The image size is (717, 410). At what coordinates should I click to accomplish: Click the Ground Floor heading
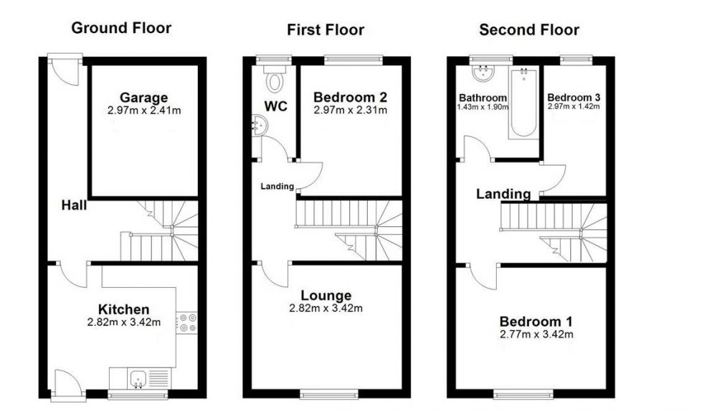pos(121,28)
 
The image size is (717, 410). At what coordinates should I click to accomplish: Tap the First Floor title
pos(326,29)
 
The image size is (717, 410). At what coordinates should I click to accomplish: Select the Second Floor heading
pos(529,29)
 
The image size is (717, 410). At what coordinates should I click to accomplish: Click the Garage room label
pos(143,98)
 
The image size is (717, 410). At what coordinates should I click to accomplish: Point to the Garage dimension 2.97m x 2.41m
pos(144,111)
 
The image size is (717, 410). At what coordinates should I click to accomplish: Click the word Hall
pos(74,205)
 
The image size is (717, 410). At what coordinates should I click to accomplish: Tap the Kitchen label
pos(123,309)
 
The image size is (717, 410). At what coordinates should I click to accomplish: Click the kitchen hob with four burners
pos(186,322)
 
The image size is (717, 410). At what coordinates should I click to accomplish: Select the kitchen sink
pos(138,378)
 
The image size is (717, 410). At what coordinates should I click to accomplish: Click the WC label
pos(276,106)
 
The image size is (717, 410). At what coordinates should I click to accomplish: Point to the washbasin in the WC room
pos(260,126)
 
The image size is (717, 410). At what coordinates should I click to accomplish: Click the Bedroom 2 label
pos(351,97)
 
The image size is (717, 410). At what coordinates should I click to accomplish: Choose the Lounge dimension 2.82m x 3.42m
pos(326,308)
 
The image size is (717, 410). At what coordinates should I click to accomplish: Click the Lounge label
pos(326,296)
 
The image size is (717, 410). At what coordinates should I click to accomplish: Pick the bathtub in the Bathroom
pos(523,102)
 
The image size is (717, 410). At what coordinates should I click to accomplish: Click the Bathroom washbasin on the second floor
pos(483,73)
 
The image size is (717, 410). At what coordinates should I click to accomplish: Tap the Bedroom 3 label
pos(574,98)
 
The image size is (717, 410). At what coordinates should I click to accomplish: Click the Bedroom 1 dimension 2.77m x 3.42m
pos(536,335)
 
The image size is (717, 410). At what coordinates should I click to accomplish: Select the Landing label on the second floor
pos(503,194)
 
